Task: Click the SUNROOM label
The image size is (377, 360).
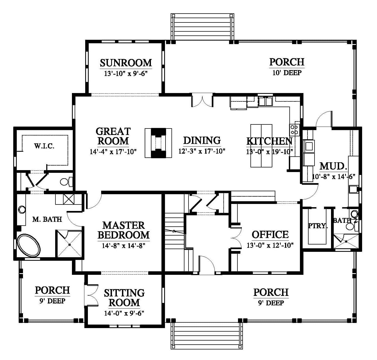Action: [x=126, y=63]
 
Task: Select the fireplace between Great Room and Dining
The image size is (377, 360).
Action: [x=158, y=143]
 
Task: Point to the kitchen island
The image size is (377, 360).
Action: [x=261, y=146]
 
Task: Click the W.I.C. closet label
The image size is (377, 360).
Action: [x=44, y=146]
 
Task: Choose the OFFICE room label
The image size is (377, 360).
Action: [x=270, y=235]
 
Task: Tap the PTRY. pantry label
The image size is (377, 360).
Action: [x=318, y=226]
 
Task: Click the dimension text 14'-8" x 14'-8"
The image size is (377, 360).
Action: [x=124, y=246]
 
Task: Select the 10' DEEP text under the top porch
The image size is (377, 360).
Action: [x=287, y=73]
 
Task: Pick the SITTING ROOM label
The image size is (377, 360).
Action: [x=124, y=298]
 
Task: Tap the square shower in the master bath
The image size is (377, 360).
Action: [x=69, y=244]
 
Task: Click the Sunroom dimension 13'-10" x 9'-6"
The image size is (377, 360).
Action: [x=125, y=73]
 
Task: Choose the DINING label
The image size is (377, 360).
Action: [x=202, y=140]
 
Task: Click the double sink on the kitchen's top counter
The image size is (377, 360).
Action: [x=265, y=101]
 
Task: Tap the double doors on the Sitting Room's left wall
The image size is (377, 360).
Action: [x=91, y=294]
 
